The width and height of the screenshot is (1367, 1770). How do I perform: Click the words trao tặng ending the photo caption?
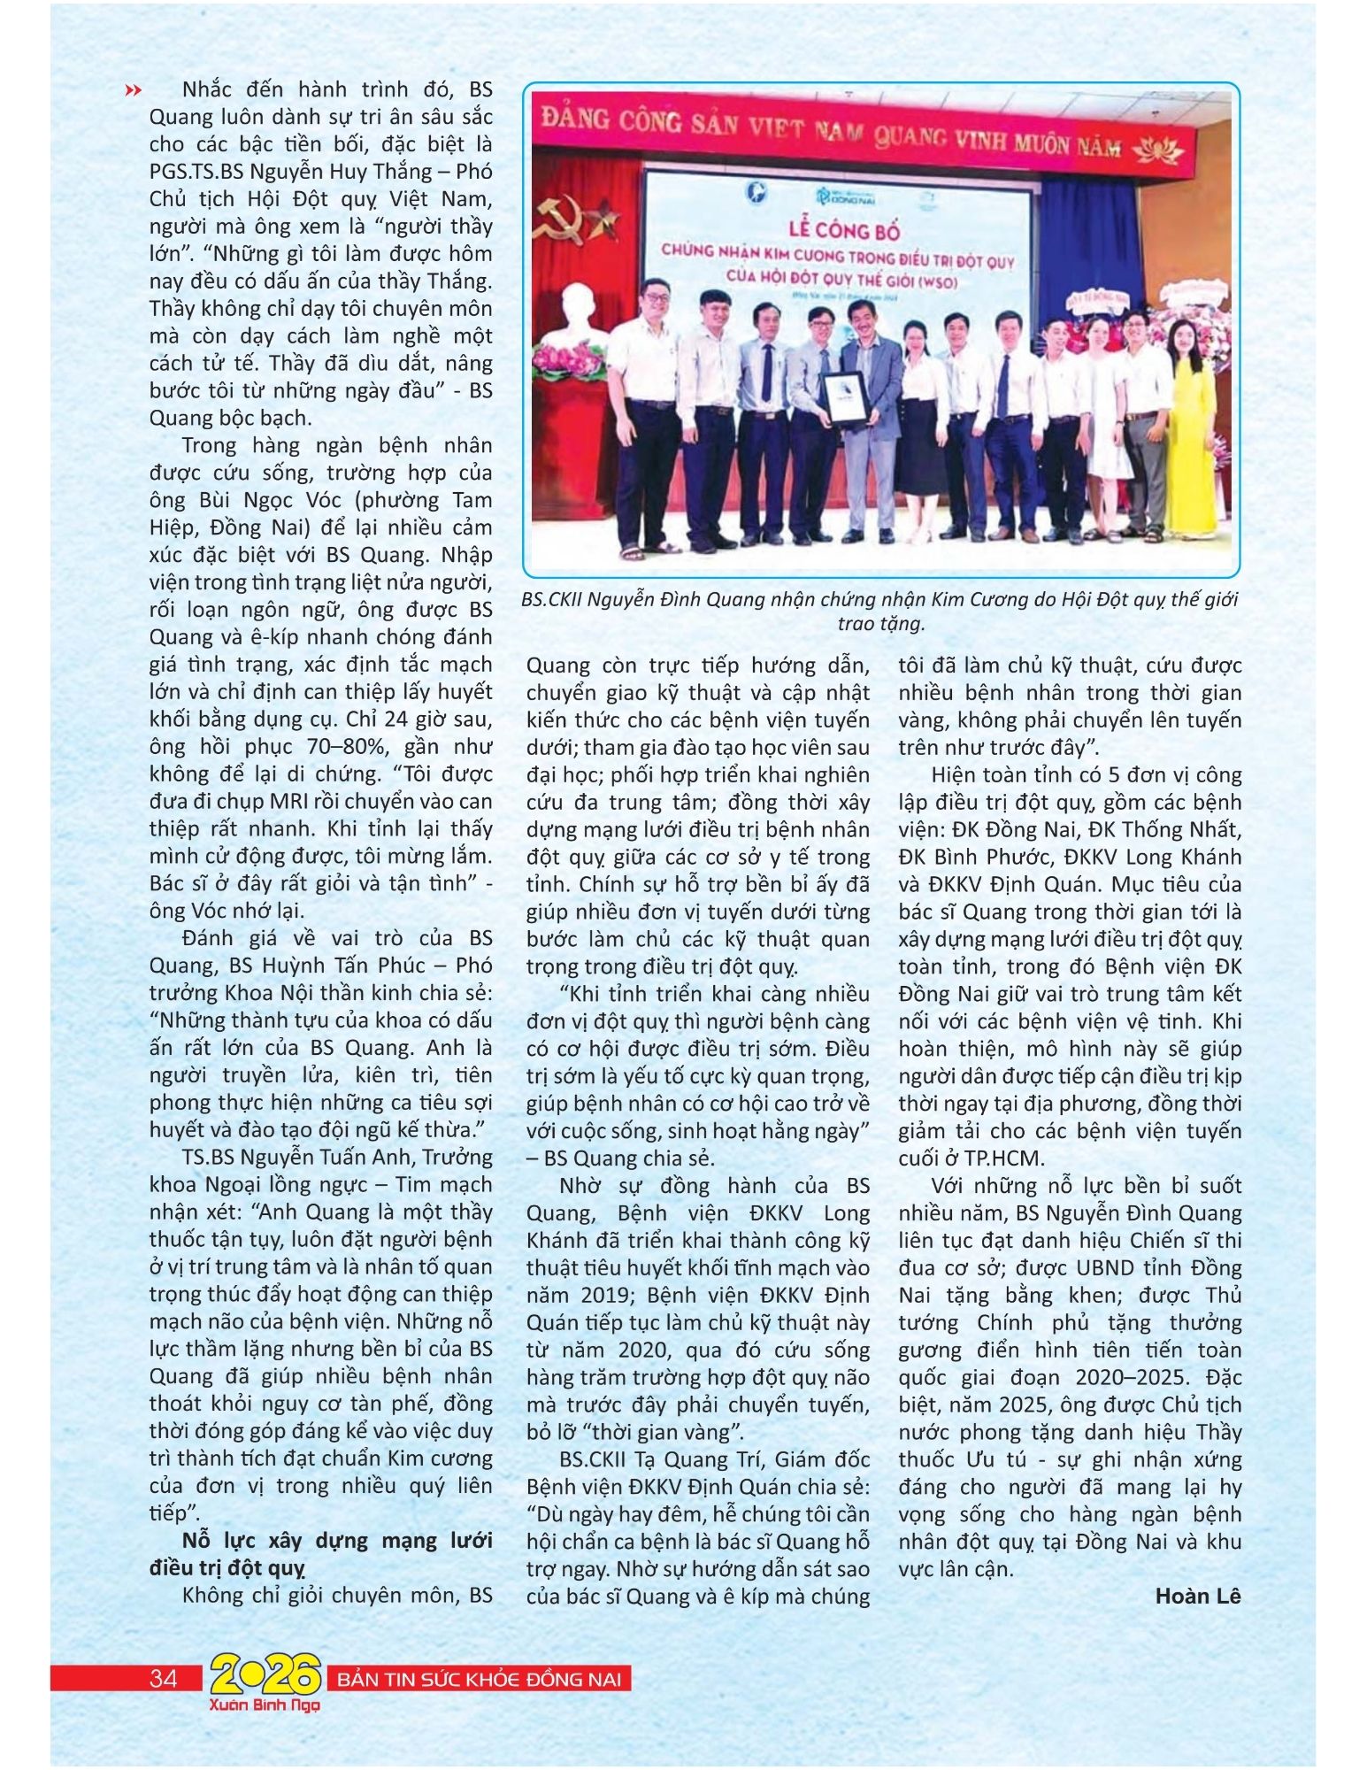(x=880, y=624)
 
